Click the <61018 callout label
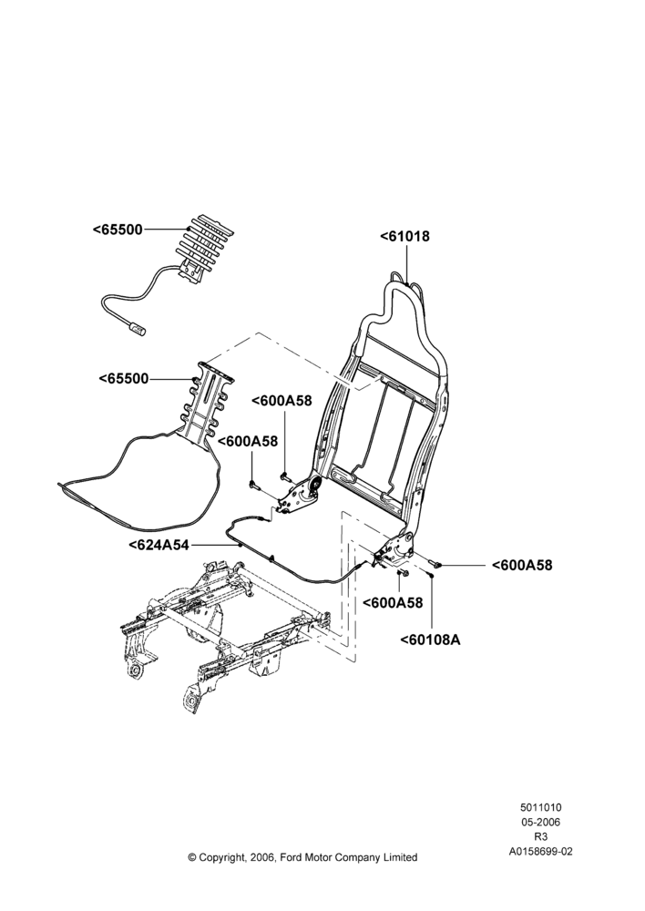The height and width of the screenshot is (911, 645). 405,237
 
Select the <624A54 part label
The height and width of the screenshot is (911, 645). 159,545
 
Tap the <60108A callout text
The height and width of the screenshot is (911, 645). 430,640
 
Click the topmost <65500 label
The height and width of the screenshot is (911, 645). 118,230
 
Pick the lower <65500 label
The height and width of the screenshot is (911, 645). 124,379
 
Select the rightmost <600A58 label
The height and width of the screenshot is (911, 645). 522,565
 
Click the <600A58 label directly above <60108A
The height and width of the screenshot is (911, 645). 393,602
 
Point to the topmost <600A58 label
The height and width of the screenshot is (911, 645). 282,401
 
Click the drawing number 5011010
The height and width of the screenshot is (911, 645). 540,807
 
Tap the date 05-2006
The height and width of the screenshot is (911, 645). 540,822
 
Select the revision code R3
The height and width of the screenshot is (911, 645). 540,836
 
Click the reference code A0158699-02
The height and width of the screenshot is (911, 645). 540,852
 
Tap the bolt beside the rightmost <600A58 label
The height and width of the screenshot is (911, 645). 435,562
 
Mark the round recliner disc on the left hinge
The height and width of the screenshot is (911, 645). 315,486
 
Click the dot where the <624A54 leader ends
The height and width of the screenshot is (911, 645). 240,545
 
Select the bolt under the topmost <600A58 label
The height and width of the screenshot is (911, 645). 285,476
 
